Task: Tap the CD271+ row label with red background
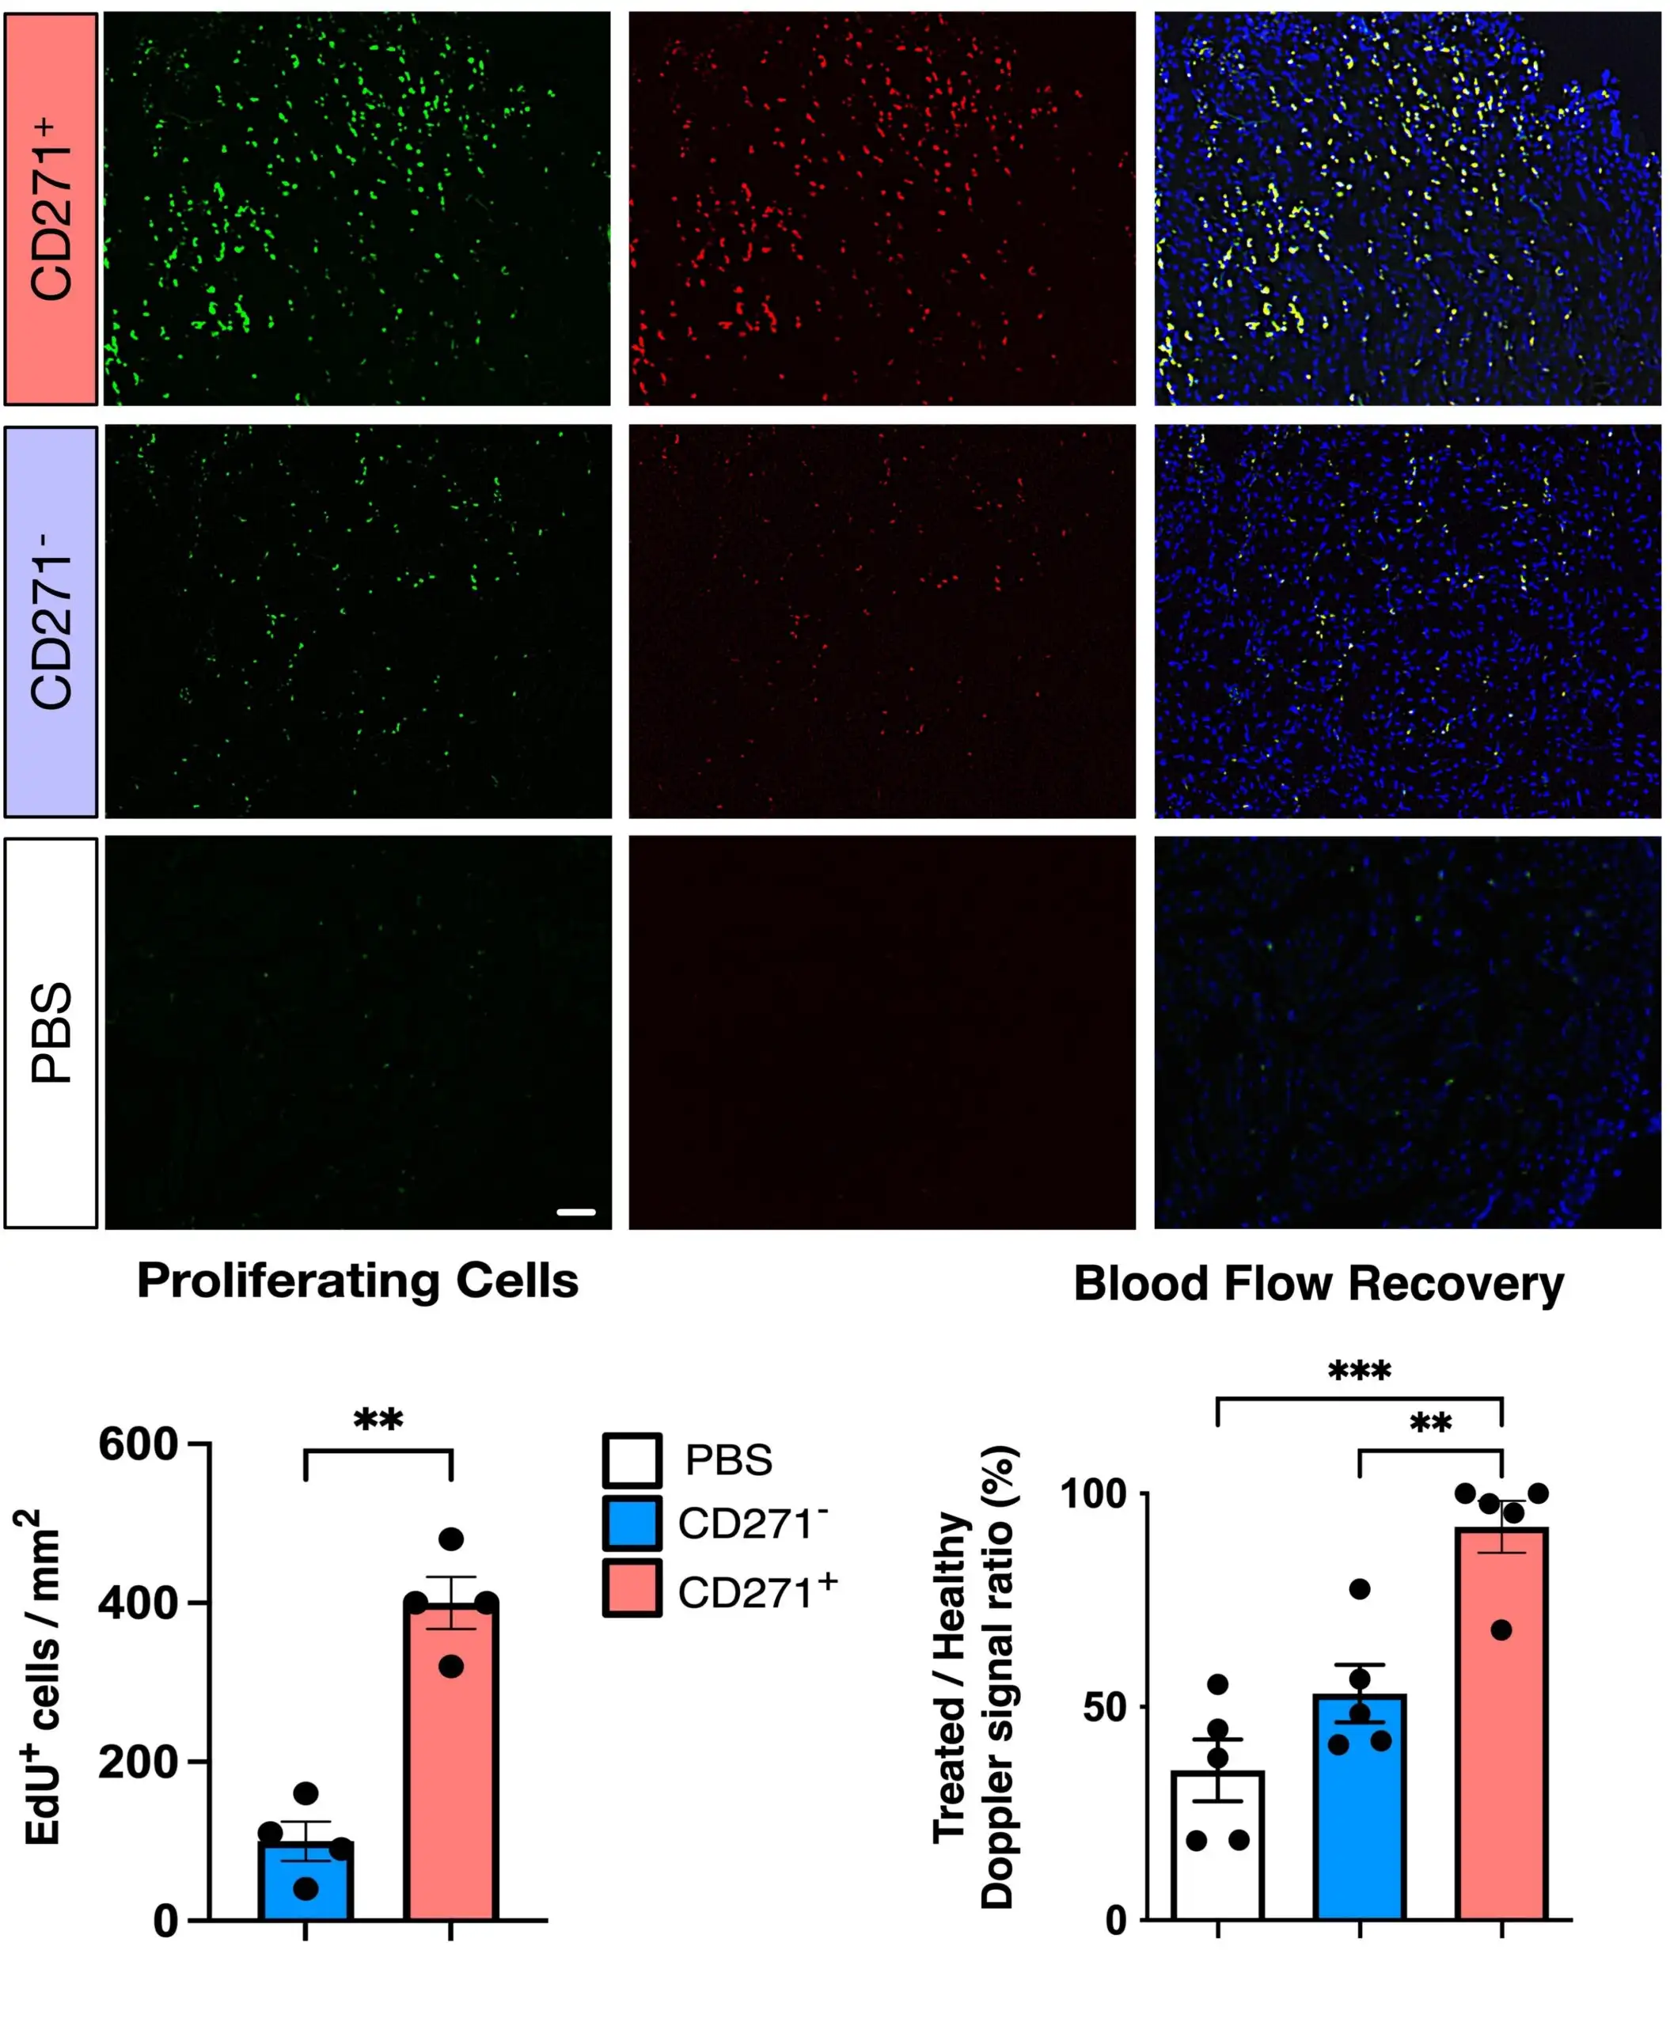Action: tap(51, 209)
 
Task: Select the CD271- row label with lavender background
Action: tap(51, 621)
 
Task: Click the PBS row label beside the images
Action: tap(51, 1032)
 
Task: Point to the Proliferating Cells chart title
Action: tap(358, 1281)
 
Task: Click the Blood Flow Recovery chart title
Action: tap(1319, 1284)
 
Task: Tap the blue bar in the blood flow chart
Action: tap(1359, 1808)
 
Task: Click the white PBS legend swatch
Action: tap(632, 1460)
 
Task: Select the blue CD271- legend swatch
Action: tap(632, 1523)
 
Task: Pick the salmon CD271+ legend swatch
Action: tap(632, 1588)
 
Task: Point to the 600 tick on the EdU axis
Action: tap(139, 1445)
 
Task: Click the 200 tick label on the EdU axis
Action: tap(139, 1762)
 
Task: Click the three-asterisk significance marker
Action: tap(1359, 1372)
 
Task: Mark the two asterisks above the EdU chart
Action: tap(378, 1420)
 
